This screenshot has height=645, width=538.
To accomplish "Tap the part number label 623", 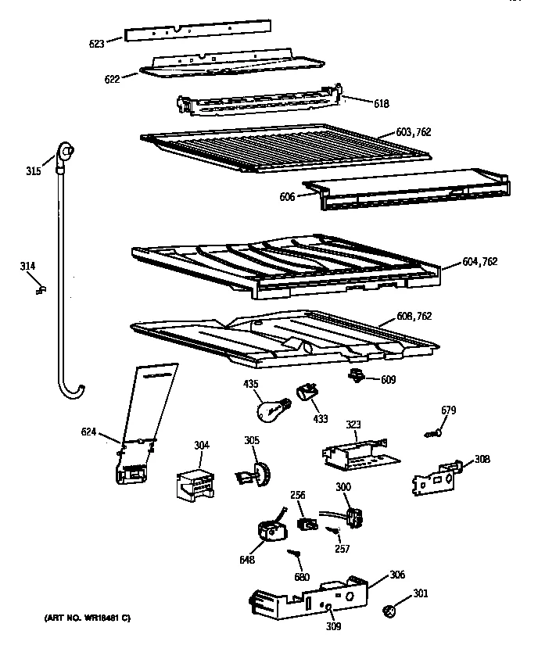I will (x=97, y=45).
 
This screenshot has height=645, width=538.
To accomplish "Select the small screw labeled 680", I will (x=295, y=554).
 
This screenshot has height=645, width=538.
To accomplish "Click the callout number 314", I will (x=27, y=267).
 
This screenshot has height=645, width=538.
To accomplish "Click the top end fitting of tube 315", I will (x=67, y=149).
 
